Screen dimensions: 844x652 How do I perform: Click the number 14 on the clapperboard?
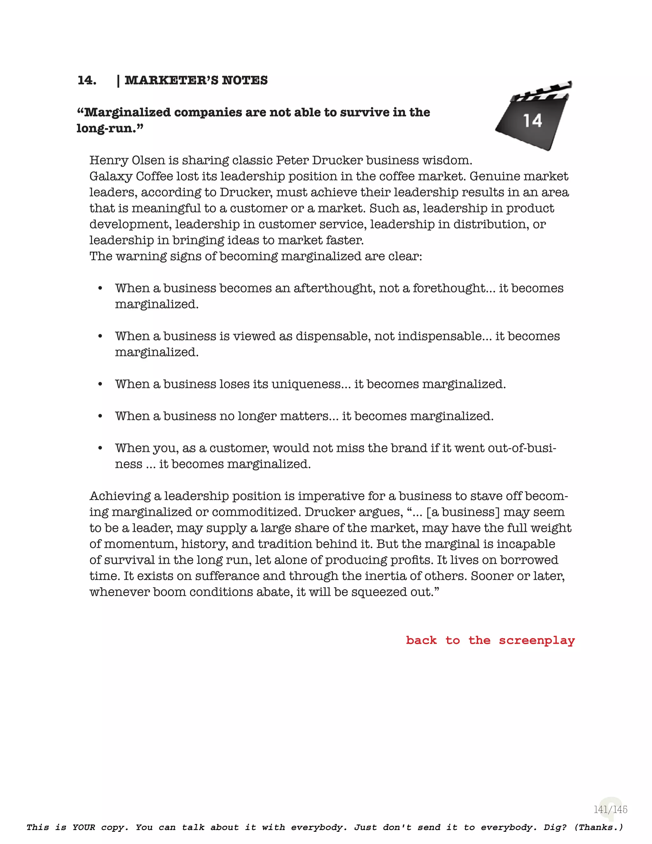(x=533, y=121)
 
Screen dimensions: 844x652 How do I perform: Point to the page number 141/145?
(x=610, y=809)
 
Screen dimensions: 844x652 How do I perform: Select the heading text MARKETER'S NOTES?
(x=196, y=80)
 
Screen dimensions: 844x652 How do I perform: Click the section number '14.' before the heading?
(x=87, y=80)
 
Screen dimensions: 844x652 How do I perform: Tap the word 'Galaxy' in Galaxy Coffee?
(x=111, y=176)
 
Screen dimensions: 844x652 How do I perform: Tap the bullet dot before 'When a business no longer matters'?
(x=100, y=416)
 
